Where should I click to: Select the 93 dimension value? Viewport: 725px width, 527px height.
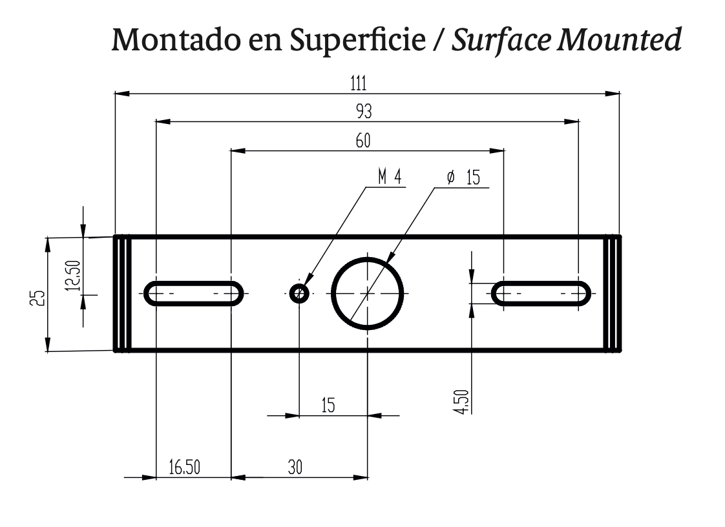pyautogui.click(x=364, y=112)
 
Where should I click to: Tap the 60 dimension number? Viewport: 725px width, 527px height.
pyautogui.click(x=363, y=141)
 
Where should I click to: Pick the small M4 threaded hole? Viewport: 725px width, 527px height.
pyautogui.click(x=299, y=294)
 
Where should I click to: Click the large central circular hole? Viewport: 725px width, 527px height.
pyautogui.click(x=367, y=293)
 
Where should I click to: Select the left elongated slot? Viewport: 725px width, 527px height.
pyautogui.click(x=194, y=293)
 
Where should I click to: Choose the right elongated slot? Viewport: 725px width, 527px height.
pyautogui.click(x=541, y=293)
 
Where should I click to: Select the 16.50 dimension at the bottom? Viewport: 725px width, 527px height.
pyautogui.click(x=184, y=468)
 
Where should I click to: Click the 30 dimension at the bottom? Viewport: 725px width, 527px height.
pyautogui.click(x=295, y=468)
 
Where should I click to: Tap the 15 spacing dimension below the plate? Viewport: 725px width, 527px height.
pyautogui.click(x=328, y=406)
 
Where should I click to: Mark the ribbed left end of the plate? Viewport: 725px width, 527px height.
pyautogui.click(x=123, y=294)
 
